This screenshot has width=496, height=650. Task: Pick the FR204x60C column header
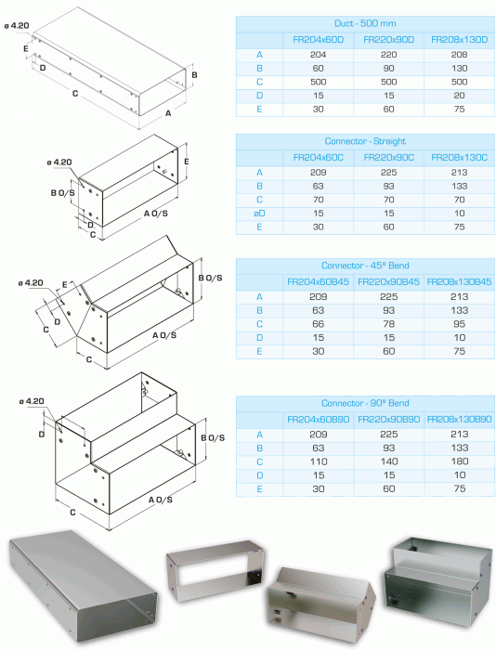318,157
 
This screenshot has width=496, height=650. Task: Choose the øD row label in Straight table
260,213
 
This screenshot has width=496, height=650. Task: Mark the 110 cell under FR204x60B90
318,461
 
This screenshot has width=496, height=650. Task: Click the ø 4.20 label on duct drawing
17,26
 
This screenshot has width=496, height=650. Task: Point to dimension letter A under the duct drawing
168,113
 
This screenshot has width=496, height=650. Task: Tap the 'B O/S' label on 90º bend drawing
213,437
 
